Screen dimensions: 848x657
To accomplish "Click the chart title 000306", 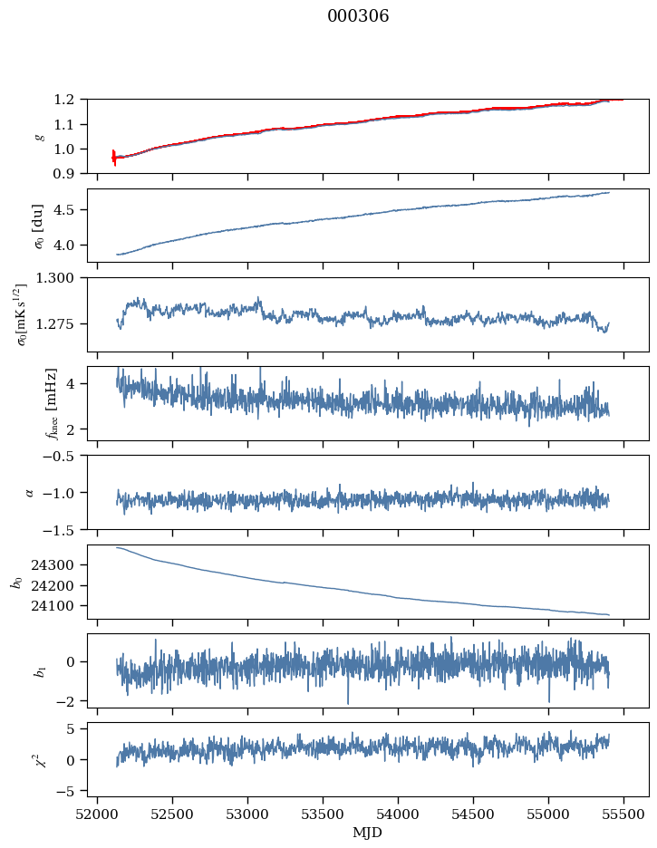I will (358, 16).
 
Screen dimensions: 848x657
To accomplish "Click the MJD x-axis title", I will (368, 832).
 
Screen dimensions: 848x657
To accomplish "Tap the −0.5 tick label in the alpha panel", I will (63, 455).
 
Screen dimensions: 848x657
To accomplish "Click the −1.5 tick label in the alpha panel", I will (63, 529).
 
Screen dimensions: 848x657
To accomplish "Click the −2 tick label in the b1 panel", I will (71, 701).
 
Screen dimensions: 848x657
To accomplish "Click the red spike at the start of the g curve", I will (114, 157).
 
